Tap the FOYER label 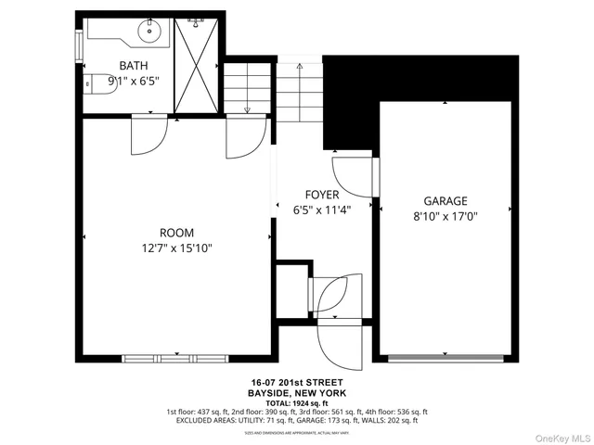(322, 195)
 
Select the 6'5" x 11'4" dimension (322, 210)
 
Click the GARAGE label (445, 200)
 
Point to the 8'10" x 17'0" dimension (445, 216)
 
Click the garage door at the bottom (445, 357)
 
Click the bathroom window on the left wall (79, 43)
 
